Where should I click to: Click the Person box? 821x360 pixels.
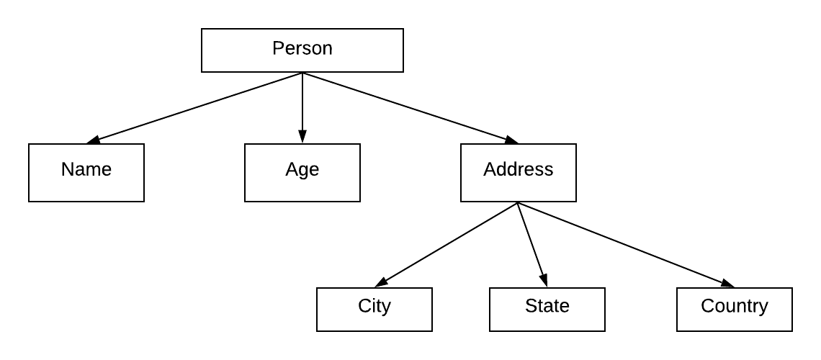coord(302,50)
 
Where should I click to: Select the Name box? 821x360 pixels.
coord(86,173)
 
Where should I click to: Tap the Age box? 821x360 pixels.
coord(302,173)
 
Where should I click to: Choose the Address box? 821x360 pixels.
coord(519,173)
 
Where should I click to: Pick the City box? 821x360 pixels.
coord(374,310)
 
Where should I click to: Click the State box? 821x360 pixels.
coord(547,310)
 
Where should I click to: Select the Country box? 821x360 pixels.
coord(734,310)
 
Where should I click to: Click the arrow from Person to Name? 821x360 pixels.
coord(194,108)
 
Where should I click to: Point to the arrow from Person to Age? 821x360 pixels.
coord(302,108)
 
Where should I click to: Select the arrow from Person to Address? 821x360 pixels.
coord(410,108)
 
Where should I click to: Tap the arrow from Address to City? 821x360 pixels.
coord(446,245)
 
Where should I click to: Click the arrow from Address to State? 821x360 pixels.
coord(532,245)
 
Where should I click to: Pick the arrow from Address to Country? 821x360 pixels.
coord(626,245)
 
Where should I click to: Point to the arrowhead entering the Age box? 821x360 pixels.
coord(302,137)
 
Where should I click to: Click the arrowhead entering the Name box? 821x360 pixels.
coord(93,140)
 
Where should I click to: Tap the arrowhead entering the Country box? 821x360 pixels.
coord(728,284)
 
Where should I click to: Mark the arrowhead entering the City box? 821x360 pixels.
coord(381,282)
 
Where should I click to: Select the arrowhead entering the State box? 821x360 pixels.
coord(544,281)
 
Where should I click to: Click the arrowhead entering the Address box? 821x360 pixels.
coord(512,140)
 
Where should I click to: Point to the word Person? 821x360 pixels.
coord(302,48)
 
